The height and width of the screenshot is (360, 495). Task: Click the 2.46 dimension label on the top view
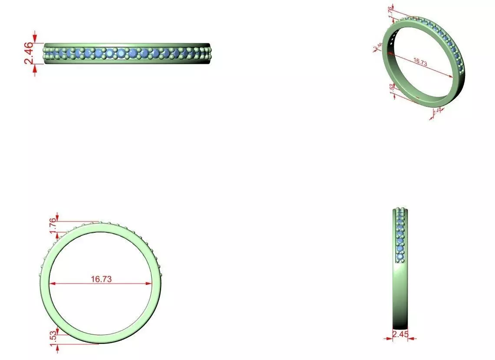[28, 53]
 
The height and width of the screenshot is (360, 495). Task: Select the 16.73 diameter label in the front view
[101, 279]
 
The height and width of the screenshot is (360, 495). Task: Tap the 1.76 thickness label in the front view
[53, 226]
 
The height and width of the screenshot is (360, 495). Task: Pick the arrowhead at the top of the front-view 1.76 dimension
[57, 217]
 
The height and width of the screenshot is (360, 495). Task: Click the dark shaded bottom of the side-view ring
[400, 324]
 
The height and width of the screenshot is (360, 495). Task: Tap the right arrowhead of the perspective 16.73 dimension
[452, 76]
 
